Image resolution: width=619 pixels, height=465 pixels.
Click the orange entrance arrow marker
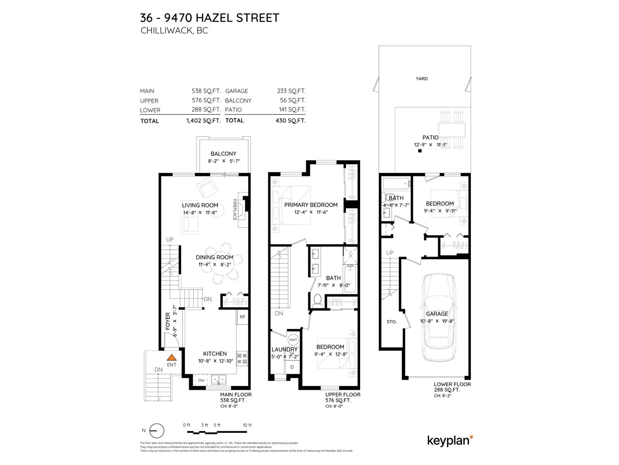[171, 358]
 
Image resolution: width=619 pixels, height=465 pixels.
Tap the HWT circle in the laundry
[293, 340]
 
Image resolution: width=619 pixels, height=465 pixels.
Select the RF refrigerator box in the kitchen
[242, 317]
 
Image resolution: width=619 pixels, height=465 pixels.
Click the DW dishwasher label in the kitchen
[201, 380]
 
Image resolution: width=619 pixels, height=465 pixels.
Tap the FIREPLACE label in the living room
[235, 210]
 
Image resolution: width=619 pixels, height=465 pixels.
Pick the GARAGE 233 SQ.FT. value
[291, 91]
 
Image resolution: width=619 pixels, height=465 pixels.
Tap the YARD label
[422, 79]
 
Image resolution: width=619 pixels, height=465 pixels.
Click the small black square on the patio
[420, 151]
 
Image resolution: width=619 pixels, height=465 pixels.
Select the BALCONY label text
[223, 154]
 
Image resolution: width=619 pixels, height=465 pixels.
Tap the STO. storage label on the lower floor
[392, 322]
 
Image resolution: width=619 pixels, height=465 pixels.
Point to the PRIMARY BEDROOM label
[311, 205]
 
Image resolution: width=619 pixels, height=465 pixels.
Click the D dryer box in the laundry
[292, 367]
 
